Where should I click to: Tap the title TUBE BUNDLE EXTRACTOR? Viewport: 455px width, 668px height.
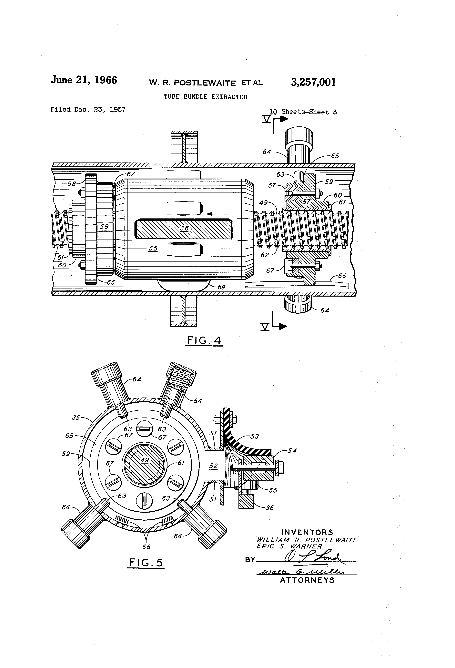pos(205,97)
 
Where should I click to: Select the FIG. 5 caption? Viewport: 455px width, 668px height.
pos(146,562)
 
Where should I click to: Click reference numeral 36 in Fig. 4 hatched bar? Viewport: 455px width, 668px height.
pos(184,228)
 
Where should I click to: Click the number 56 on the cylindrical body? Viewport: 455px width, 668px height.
pos(153,248)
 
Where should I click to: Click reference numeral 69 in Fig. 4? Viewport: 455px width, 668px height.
pos(221,287)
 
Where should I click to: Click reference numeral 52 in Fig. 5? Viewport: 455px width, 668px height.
pos(213,466)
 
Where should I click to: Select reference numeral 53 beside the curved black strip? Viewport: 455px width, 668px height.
pos(254,436)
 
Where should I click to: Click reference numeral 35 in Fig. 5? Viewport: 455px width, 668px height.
pos(76,417)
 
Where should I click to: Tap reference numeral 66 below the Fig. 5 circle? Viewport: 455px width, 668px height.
pos(146,547)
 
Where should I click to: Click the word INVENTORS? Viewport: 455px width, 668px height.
pos(307,532)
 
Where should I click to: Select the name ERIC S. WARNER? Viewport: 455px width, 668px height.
pos(289,546)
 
